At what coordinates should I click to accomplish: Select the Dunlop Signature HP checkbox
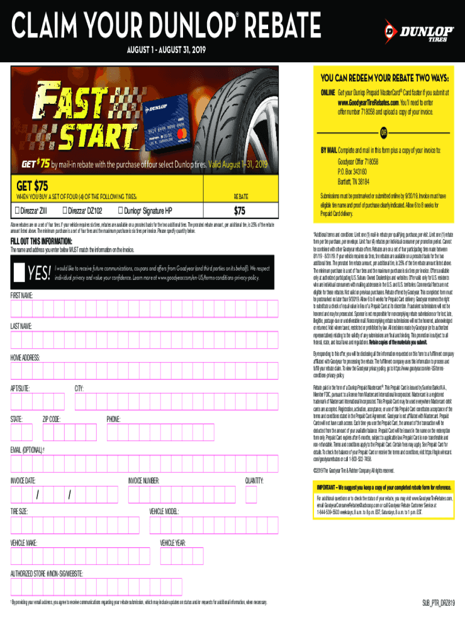point(121,210)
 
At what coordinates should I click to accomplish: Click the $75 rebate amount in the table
point(240,210)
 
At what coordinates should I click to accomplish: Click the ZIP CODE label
point(51,418)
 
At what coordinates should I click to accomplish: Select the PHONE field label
point(114,418)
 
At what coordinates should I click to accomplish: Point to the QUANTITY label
point(254,481)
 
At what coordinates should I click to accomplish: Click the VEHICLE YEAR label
point(173,543)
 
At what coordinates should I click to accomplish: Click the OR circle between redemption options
point(383,133)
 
